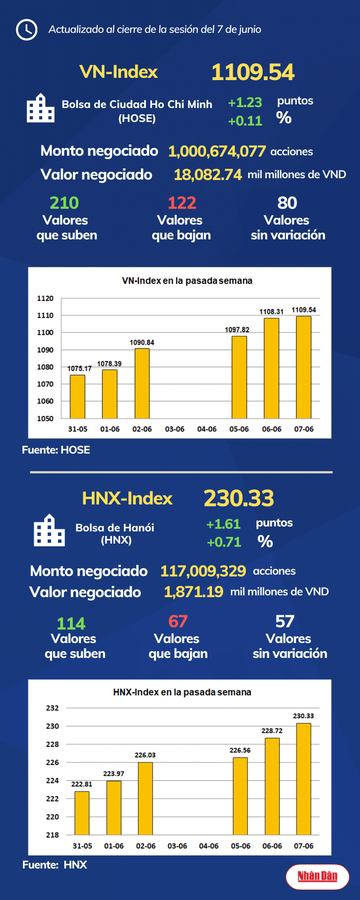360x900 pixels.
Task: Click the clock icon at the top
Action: tap(26, 30)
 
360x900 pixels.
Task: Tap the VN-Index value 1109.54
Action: tap(253, 72)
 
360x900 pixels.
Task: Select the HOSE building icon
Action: tap(41, 109)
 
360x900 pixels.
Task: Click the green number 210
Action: tap(64, 203)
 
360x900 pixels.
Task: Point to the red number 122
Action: tap(182, 203)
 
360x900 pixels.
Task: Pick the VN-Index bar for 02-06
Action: tap(142, 383)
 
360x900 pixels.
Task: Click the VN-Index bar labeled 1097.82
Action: tap(239, 377)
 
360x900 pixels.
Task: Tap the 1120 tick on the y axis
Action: tap(45, 298)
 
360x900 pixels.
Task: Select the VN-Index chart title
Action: tap(187, 281)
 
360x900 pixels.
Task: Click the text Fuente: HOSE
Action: tap(56, 450)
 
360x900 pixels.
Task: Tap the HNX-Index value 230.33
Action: tap(239, 498)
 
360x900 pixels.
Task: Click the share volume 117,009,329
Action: tap(203, 571)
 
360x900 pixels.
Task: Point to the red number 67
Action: tap(178, 622)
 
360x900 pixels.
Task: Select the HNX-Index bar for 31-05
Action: tap(82, 813)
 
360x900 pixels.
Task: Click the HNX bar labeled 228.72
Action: tap(272, 786)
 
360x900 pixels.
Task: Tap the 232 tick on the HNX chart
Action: tap(52, 708)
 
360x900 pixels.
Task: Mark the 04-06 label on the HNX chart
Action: tap(209, 846)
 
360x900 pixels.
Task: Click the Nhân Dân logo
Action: tap(317, 876)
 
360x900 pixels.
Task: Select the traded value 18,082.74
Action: tap(208, 175)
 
